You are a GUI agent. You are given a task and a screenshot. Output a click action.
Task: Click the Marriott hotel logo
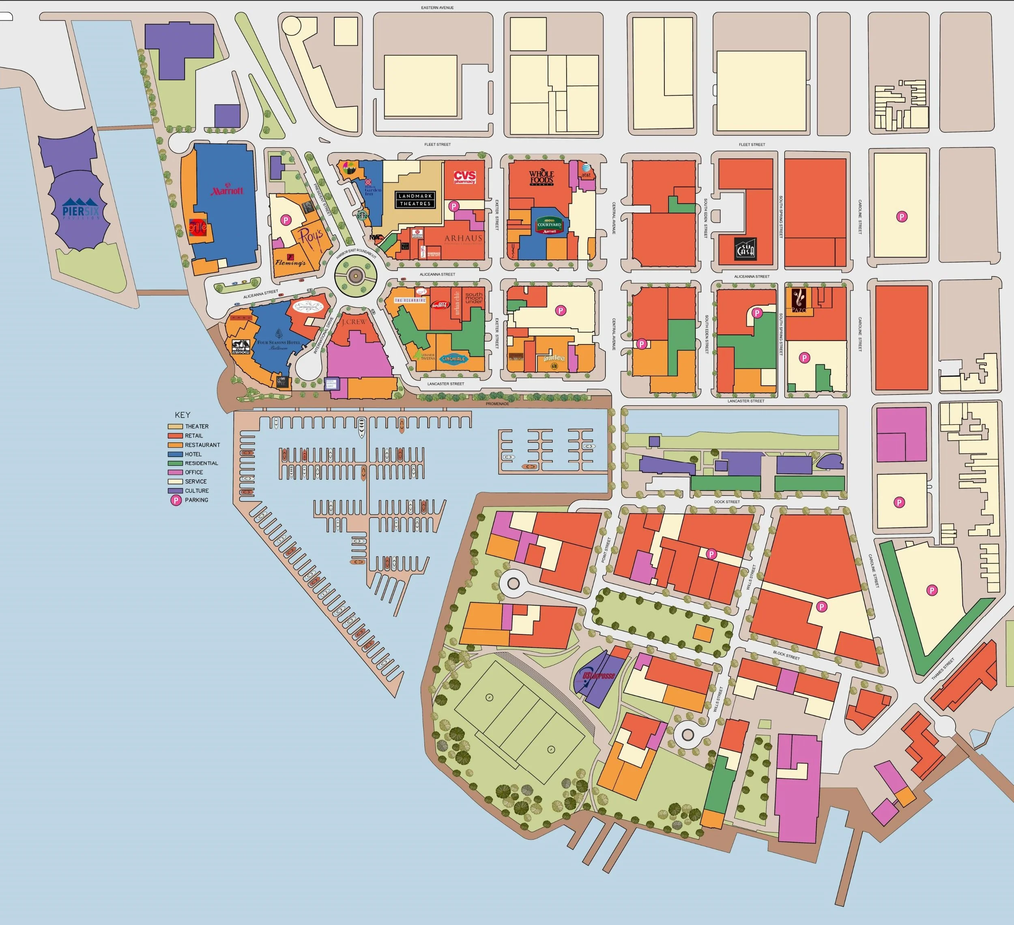click(x=227, y=191)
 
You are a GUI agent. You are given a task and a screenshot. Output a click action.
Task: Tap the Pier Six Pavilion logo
click(x=81, y=208)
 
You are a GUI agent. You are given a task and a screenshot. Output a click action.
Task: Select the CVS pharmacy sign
click(x=464, y=177)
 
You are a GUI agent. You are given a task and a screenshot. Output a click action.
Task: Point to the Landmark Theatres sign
click(x=415, y=199)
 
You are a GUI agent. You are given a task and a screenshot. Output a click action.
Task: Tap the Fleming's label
click(x=290, y=262)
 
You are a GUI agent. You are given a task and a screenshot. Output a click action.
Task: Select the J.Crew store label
click(x=354, y=321)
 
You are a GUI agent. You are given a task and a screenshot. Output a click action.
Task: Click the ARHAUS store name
click(x=463, y=238)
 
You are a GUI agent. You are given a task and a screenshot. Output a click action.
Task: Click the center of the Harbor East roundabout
click(x=356, y=275)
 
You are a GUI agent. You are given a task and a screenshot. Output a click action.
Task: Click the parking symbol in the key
click(x=176, y=500)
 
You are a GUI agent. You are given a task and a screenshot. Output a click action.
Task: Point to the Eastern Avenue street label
click(x=438, y=8)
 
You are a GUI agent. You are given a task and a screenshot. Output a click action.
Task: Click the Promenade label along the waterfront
click(x=497, y=404)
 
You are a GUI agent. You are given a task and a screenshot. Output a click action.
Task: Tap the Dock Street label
click(x=726, y=502)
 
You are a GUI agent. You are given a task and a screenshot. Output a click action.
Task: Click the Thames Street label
click(x=942, y=669)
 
